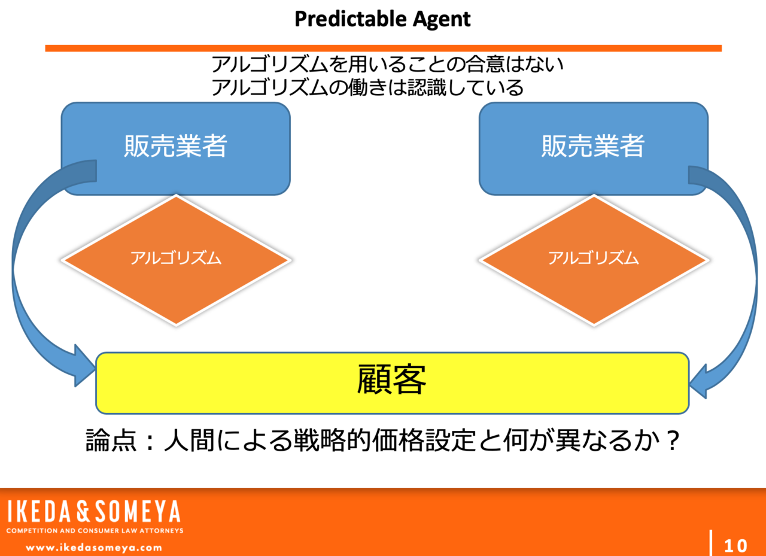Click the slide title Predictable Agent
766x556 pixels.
pyautogui.click(x=382, y=19)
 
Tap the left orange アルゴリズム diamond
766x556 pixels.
pyautogui.click(x=176, y=259)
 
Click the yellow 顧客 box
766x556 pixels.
pyautogui.click(x=392, y=382)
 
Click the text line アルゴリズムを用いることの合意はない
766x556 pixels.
pyautogui.click(x=388, y=65)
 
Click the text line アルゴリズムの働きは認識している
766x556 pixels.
pyautogui.click(x=367, y=88)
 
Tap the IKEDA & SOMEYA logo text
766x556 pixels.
pyautogui.click(x=94, y=512)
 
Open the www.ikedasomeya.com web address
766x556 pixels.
pyautogui.click(x=94, y=547)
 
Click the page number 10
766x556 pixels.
pyautogui.click(x=735, y=546)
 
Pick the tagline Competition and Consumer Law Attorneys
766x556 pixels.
pyautogui.click(x=95, y=530)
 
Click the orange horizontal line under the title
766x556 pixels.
pyautogui.click(x=383, y=48)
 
